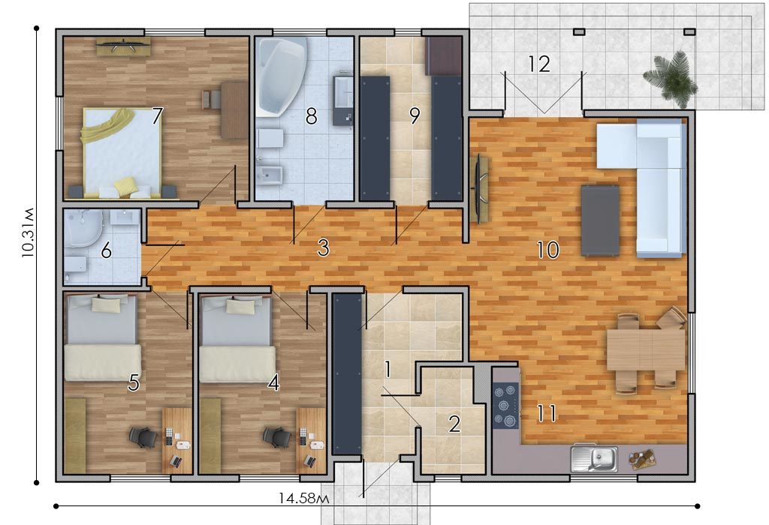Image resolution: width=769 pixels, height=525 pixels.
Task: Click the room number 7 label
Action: coord(156,116)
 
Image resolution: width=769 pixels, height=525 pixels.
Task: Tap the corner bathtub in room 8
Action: coord(282,76)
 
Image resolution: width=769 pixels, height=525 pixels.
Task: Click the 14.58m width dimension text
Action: coord(303,498)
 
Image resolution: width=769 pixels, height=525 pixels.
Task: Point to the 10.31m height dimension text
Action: coord(28,232)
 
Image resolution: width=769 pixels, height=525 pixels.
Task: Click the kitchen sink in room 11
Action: coord(594,459)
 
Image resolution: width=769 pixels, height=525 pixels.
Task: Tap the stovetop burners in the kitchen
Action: coord(506,404)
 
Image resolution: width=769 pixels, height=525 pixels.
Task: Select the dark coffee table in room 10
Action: coord(600,220)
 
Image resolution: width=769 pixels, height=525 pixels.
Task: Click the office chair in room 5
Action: coord(143,436)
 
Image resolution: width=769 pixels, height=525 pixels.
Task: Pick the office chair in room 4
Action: coord(277,436)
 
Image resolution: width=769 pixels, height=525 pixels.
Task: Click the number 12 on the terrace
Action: coord(539,64)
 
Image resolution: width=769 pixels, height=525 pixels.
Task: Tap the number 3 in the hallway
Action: coord(323,247)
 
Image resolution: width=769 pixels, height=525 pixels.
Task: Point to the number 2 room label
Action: coord(454,424)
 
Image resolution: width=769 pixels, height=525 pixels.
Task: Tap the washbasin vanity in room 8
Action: coord(342,100)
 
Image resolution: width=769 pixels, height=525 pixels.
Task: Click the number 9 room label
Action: coord(415,116)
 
